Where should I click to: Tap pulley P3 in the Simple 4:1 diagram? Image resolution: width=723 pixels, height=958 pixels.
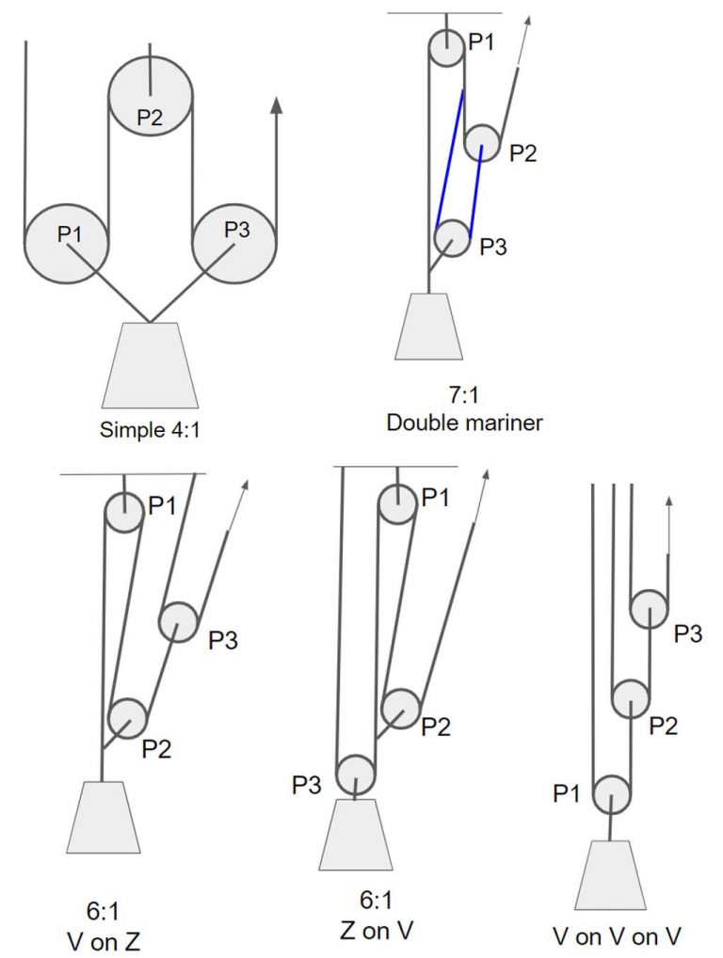pyautogui.click(x=235, y=244)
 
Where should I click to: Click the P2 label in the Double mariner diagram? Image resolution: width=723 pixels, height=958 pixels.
pyautogui.click(x=522, y=153)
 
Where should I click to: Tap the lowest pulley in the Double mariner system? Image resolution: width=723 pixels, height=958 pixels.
pyautogui.click(x=452, y=238)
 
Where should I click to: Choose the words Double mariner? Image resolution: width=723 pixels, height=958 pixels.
pyautogui.click(x=465, y=423)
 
